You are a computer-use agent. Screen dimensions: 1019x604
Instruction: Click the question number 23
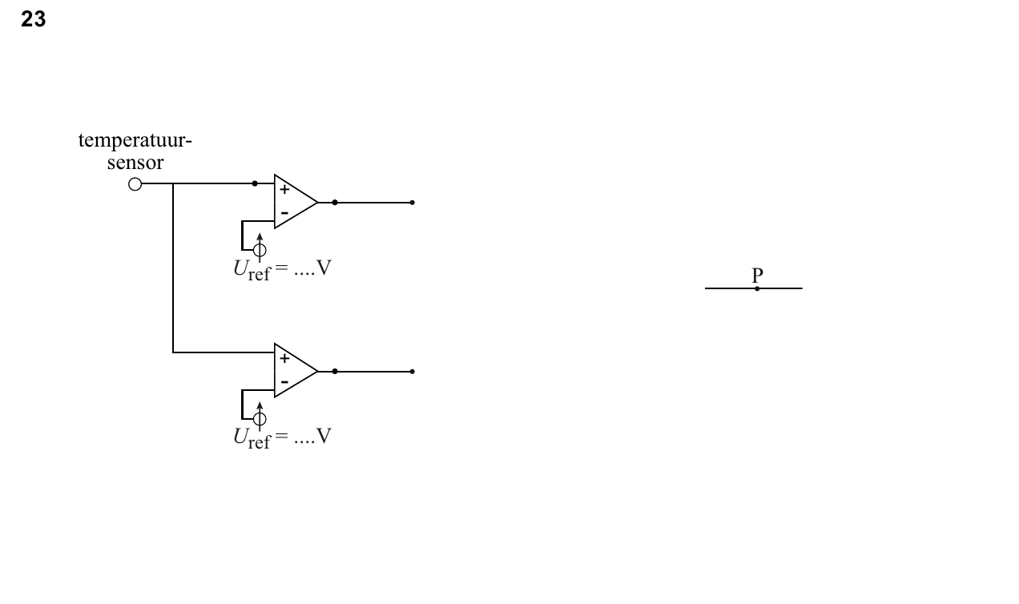click(33, 19)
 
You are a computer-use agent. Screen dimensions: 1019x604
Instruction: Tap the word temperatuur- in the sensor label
click(135, 140)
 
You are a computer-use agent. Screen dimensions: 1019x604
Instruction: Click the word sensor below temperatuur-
click(135, 163)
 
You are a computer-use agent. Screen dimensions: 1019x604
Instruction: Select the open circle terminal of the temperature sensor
click(135, 184)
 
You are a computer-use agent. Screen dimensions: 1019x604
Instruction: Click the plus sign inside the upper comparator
click(284, 189)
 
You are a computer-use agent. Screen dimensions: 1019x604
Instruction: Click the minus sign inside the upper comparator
click(284, 213)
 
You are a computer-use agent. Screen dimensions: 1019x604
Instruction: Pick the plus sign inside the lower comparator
click(284, 358)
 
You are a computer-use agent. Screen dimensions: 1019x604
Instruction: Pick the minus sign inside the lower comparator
click(284, 382)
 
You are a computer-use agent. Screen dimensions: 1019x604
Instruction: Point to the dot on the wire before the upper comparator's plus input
click(255, 183)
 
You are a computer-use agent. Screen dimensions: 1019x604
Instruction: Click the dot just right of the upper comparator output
click(335, 203)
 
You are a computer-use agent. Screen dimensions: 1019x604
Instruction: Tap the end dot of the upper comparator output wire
click(412, 203)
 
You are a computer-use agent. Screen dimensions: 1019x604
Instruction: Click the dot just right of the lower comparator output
click(335, 372)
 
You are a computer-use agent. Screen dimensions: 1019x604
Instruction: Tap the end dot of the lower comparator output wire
click(412, 372)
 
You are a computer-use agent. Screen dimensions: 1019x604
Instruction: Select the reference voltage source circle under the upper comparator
click(260, 250)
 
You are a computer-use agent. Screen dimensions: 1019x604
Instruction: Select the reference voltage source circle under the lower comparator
click(260, 418)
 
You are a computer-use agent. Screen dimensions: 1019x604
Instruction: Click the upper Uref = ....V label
click(283, 269)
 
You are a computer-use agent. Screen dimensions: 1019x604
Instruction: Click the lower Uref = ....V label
click(283, 438)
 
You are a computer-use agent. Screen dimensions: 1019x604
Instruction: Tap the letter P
click(757, 276)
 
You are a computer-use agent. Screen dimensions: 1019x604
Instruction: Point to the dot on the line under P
click(757, 288)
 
